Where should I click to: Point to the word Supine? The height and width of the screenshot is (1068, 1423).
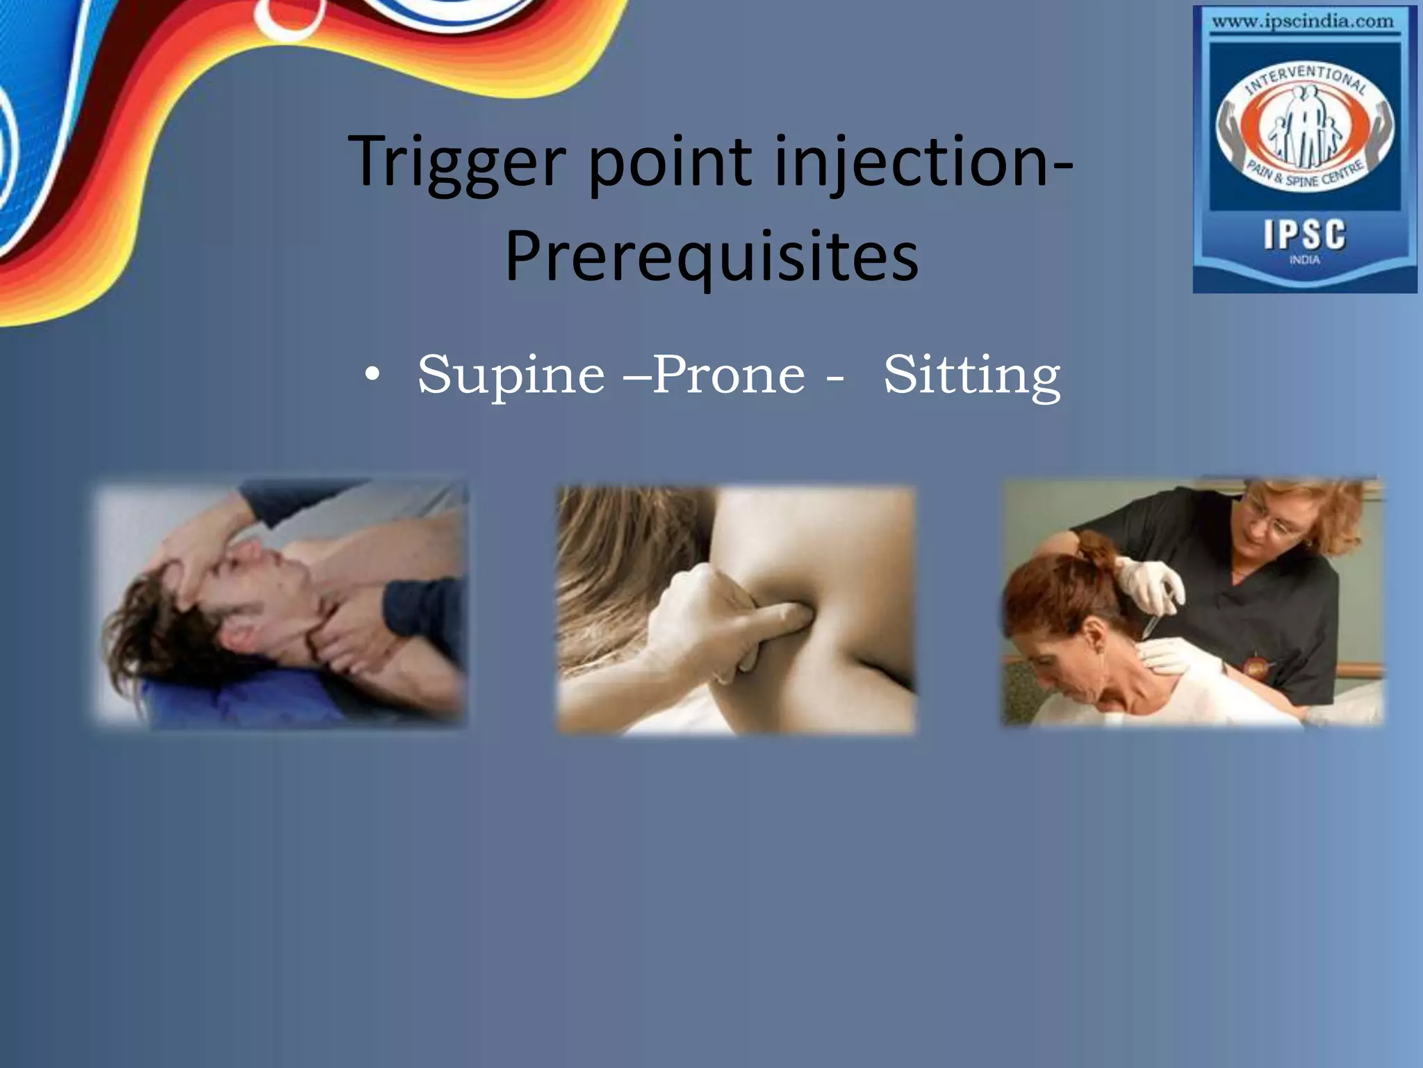pyautogui.click(x=511, y=375)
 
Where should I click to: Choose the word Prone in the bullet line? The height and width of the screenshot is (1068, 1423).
pyautogui.click(x=728, y=375)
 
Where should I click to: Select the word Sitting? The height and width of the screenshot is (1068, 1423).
pyautogui.click(x=971, y=375)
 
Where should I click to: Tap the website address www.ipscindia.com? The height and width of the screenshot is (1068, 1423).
pyautogui.click(x=1302, y=22)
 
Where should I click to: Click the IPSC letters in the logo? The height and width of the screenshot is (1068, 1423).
pyautogui.click(x=1304, y=235)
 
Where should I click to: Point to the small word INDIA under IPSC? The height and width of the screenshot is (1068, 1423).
pyautogui.click(x=1304, y=260)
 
